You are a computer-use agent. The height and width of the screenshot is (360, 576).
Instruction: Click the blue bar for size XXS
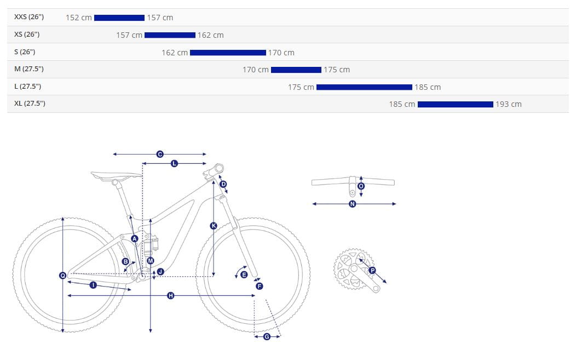click(x=119, y=18)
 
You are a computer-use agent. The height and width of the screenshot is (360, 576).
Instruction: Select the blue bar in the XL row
click(x=455, y=105)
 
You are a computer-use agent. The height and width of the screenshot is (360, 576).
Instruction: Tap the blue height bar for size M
click(x=296, y=70)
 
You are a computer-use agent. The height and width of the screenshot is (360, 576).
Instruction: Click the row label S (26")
click(x=25, y=52)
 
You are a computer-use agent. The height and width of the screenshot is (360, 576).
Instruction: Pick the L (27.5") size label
click(x=27, y=87)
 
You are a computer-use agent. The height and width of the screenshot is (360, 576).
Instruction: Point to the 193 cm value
click(x=509, y=105)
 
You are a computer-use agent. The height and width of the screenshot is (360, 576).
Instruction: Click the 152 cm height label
click(x=79, y=18)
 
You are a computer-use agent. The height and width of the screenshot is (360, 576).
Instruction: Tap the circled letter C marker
click(x=160, y=154)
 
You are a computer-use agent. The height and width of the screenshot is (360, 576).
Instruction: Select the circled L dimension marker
click(x=175, y=163)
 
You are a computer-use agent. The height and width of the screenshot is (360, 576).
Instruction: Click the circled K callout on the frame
click(x=214, y=226)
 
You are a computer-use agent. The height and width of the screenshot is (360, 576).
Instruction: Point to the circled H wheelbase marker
click(x=170, y=295)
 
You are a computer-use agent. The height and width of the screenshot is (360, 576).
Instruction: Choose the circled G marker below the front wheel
click(x=267, y=336)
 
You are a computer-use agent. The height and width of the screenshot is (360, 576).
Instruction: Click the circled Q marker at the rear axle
click(x=62, y=276)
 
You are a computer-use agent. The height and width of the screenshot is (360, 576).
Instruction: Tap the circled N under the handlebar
click(x=353, y=204)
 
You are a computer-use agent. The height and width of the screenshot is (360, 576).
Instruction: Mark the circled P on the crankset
click(x=372, y=271)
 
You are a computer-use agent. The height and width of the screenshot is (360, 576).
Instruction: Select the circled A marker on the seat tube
click(x=135, y=239)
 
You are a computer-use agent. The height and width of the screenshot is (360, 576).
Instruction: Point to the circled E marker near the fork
click(x=244, y=275)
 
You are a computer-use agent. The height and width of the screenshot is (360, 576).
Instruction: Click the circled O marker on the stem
click(x=361, y=186)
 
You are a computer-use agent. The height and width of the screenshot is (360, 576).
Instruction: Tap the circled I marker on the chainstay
click(x=93, y=285)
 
